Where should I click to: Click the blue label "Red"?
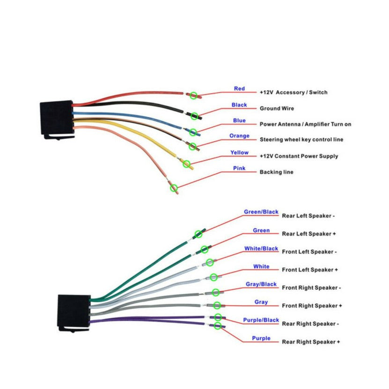coord(239,88)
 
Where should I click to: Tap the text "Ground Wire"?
coord(277,109)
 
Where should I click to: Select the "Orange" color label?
coord(239,136)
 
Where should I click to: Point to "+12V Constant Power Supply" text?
coord(299,156)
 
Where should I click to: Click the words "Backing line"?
coord(276,172)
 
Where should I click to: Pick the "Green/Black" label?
coord(261,212)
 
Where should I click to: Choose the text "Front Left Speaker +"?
coord(309,270)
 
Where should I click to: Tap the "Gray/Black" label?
coord(261,284)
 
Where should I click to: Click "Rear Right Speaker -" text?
coord(310,324)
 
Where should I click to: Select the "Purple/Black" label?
coord(261,320)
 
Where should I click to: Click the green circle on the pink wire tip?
coord(174,188)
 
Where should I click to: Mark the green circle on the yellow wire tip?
coord(187,164)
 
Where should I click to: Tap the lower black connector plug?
coord(73,312)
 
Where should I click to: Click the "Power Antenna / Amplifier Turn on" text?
coord(305,125)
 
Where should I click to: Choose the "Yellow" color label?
coord(239,153)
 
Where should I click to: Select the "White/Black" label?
coord(261,249)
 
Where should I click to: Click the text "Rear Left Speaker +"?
coord(309,234)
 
